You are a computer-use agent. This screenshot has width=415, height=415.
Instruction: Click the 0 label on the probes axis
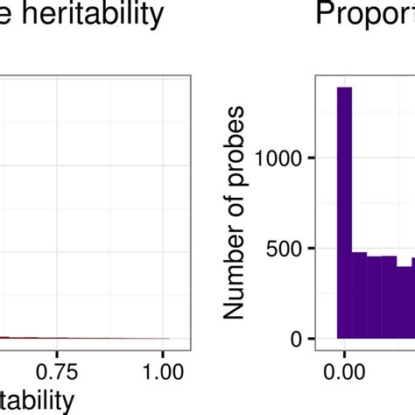pyautogui.click(x=297, y=339)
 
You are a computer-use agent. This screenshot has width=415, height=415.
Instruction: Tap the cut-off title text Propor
pyautogui.click(x=365, y=15)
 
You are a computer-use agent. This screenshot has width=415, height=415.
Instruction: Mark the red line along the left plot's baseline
pyautogui.click(x=88, y=337)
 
